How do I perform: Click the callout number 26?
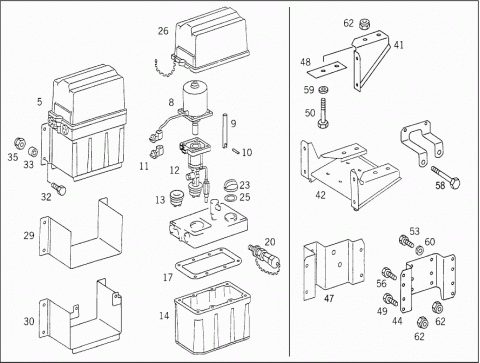coord(163,31)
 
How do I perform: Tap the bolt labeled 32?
coord(59,188)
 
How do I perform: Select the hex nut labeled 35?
coord(20,144)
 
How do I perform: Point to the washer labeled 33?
coord(33,152)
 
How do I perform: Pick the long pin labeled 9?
coord(224,130)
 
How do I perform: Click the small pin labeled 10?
coord(236,151)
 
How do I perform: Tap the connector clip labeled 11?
coord(157,151)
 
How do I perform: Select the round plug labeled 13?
coord(177,198)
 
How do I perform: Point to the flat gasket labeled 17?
coord(208,264)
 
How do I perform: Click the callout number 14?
coord(164,316)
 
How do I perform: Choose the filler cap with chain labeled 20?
coord(265,259)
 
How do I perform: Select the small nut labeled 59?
coord(322,89)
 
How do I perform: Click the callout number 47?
coord(329,298)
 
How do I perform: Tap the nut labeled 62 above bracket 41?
coord(364,24)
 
